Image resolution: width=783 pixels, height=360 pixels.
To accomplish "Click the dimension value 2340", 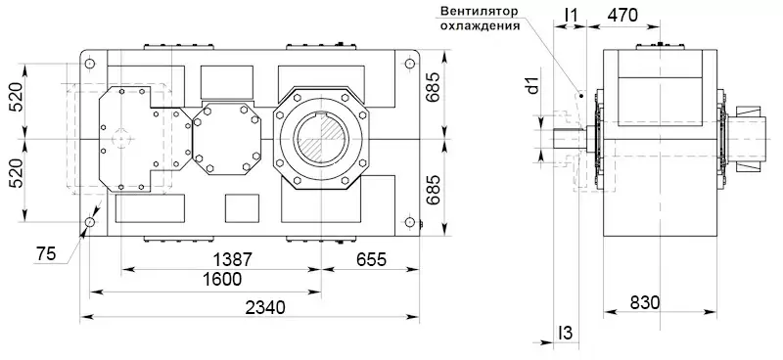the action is pyautogui.click(x=265, y=306).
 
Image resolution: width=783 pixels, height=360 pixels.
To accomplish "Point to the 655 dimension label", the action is pyautogui.click(x=372, y=259).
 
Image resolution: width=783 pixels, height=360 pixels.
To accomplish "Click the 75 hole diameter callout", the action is pyautogui.click(x=46, y=254).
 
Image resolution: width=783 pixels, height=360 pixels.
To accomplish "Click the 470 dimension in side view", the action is pyautogui.click(x=622, y=16).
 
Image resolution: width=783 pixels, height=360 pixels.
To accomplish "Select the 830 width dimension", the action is pyautogui.click(x=645, y=302).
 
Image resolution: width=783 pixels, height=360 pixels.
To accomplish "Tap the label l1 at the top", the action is pyautogui.click(x=571, y=16).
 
